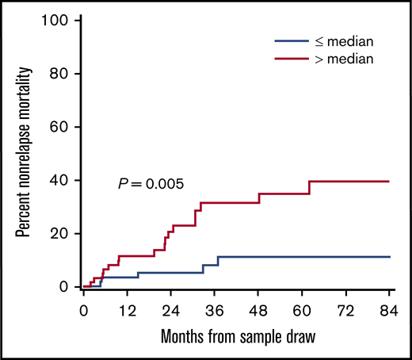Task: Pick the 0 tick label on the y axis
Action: click(63, 287)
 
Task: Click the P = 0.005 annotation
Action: click(151, 184)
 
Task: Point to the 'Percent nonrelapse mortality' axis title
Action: click(24, 154)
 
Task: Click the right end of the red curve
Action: click(389, 182)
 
